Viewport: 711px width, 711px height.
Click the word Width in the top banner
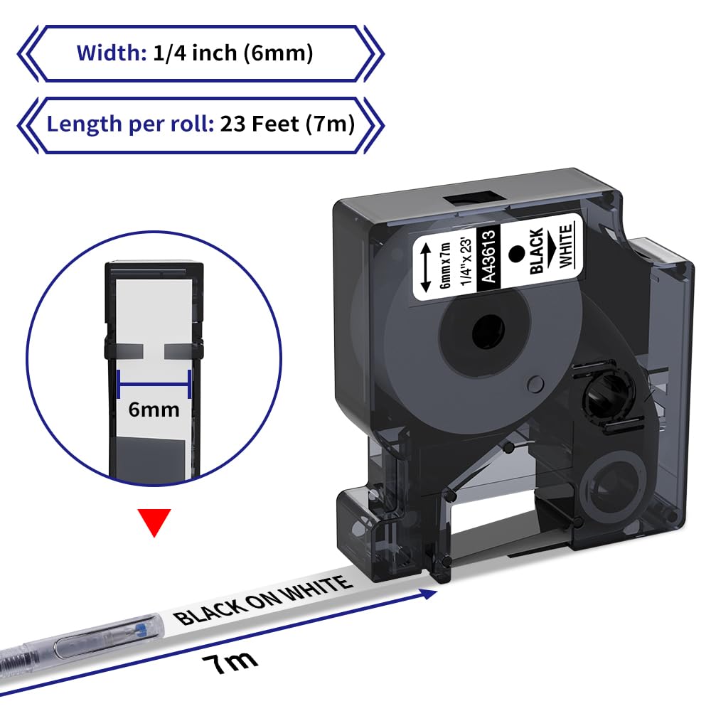click(x=111, y=53)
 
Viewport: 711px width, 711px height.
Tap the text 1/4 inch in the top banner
click(x=195, y=53)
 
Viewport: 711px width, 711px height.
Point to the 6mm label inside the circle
click(x=154, y=410)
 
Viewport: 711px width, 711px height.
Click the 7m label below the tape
click(x=230, y=663)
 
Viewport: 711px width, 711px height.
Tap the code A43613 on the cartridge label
click(x=488, y=256)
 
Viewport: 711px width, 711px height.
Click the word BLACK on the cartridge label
click(x=536, y=251)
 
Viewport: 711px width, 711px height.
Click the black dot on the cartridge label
click(x=516, y=254)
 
